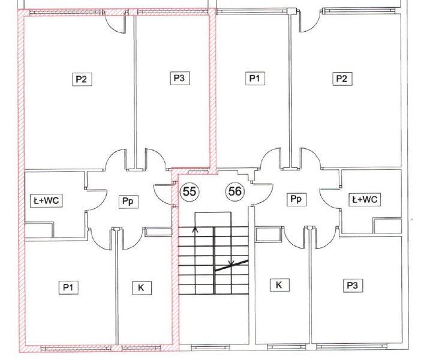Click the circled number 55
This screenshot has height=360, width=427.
coord(190,191)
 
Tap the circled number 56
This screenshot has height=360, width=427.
coord(234,191)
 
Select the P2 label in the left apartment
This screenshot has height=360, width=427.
coord(82,79)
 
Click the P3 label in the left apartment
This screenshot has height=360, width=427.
coord(180,78)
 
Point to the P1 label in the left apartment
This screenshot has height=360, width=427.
coord(68,287)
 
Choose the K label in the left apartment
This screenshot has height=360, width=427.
coord(142,288)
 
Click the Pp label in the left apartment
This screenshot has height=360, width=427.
coord(128,202)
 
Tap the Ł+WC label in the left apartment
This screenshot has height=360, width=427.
coord(46,200)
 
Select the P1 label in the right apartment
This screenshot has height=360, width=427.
coord(255,78)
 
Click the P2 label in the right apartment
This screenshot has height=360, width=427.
coord(342,79)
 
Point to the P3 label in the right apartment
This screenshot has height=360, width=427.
coord(353,286)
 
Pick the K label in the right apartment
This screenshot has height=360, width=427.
coord(279,285)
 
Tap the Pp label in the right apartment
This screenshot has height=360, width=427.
coord(296,199)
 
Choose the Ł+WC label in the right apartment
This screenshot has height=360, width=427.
coord(365,199)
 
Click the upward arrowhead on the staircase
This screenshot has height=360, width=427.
coord(195,229)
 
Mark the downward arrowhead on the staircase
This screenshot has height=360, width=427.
coord(231,263)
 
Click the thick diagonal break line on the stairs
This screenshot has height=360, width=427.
coord(231,265)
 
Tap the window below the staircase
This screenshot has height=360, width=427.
coord(211,347)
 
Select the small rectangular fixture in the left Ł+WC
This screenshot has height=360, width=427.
coord(39,230)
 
